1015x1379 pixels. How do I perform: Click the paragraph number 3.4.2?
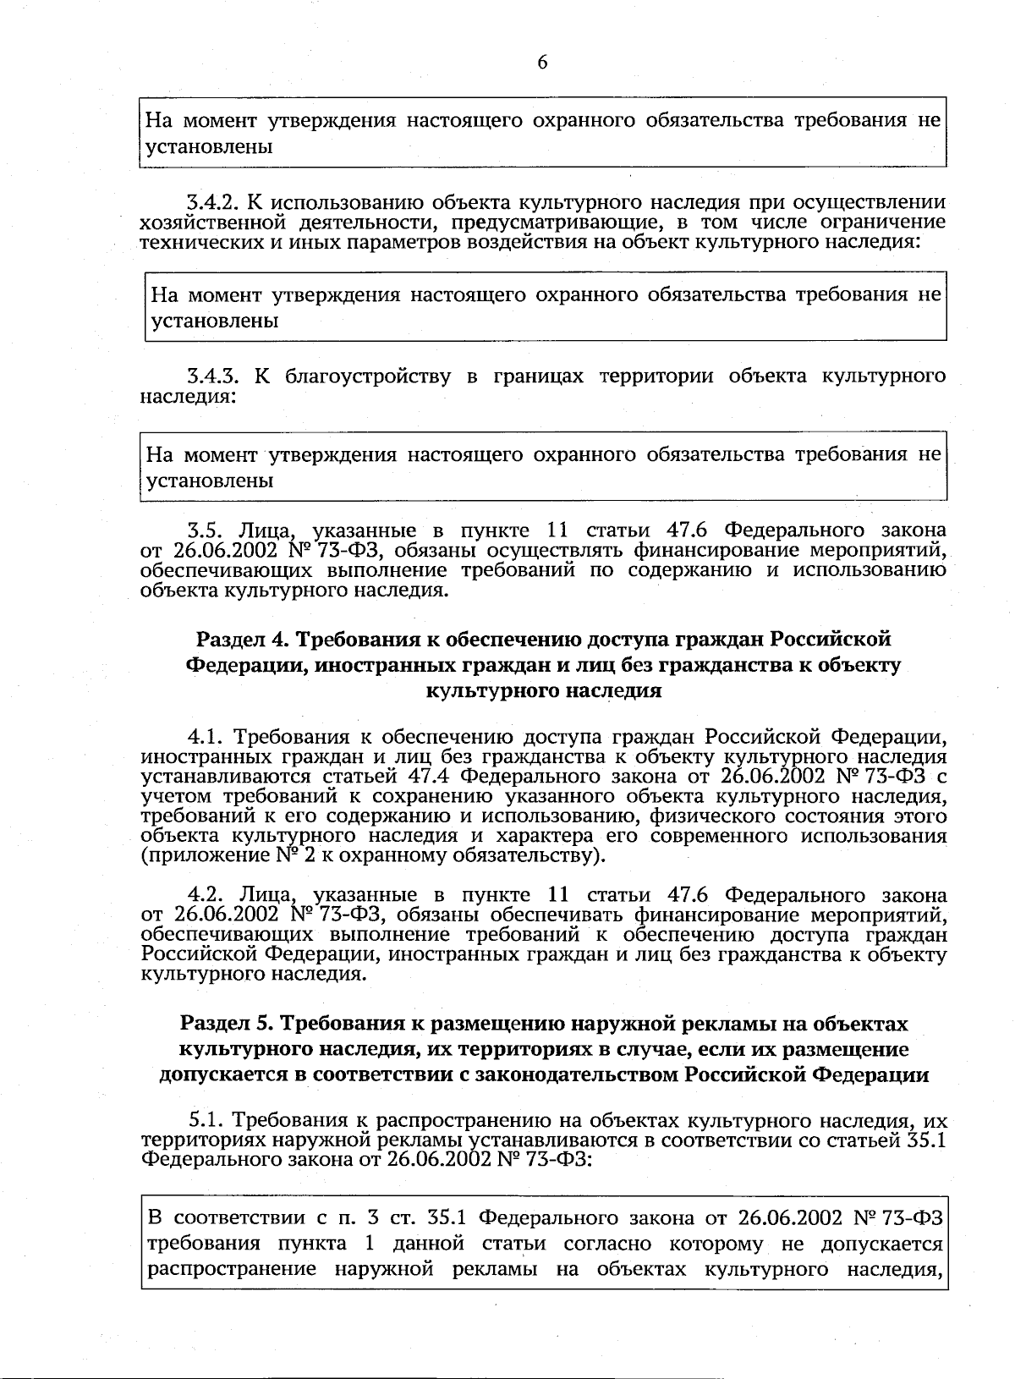click(x=212, y=203)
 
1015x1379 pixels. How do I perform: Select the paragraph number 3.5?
click(x=204, y=531)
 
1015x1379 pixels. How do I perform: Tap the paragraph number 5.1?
click(x=206, y=1122)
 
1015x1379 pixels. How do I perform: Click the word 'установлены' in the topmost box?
click(x=209, y=147)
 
